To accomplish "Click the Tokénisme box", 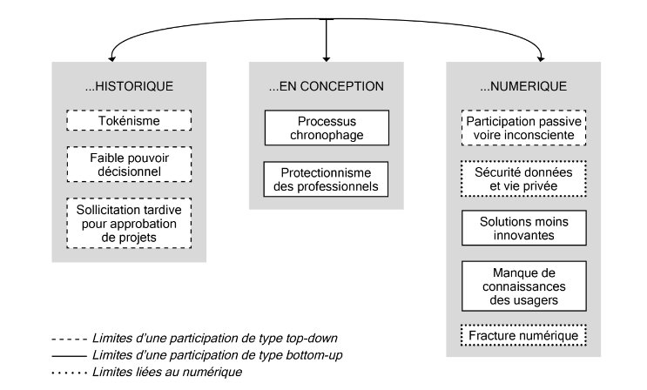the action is pyautogui.click(x=129, y=120).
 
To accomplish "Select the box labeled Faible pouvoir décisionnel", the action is pyautogui.click(x=129, y=165).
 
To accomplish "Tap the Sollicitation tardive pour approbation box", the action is pyautogui.click(x=129, y=223).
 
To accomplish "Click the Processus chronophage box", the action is pyautogui.click(x=327, y=128).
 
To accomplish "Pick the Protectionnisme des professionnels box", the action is pyautogui.click(x=326, y=179).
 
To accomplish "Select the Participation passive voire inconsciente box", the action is pyautogui.click(x=523, y=128).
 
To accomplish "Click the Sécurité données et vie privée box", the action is pyautogui.click(x=523, y=178).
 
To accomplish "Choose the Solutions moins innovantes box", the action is pyautogui.click(x=523, y=228).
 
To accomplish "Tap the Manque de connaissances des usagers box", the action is pyautogui.click(x=523, y=286).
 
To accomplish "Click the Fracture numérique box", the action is pyautogui.click(x=523, y=335).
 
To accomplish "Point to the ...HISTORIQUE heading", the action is pyautogui.click(x=129, y=86).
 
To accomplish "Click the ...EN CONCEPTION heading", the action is pyautogui.click(x=326, y=86).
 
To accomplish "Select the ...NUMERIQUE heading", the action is pyautogui.click(x=523, y=86).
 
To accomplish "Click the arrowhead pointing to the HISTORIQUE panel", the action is pyautogui.click(x=111, y=59).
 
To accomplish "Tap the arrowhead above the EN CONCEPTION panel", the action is pyautogui.click(x=327, y=59).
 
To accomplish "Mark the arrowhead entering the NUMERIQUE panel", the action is pyautogui.click(x=542, y=59).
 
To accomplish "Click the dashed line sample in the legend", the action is pyautogui.click(x=69, y=340).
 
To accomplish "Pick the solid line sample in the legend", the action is pyautogui.click(x=69, y=356).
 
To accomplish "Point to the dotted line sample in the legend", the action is pyautogui.click(x=69, y=373).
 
